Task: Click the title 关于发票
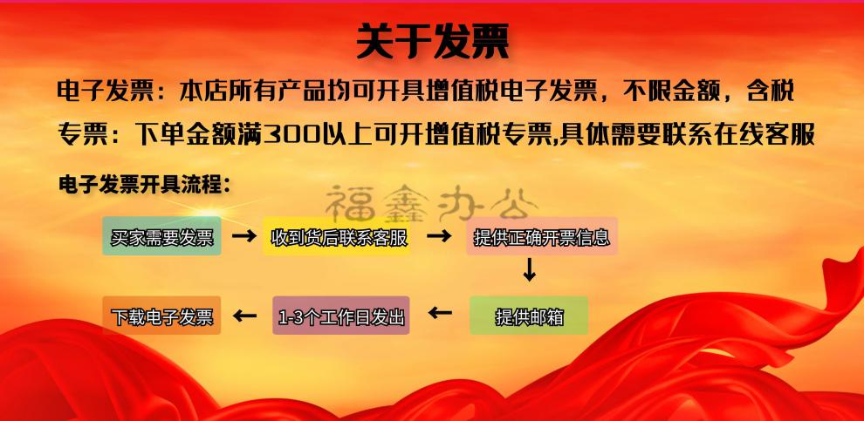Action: [x=433, y=41]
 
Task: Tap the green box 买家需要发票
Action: [x=162, y=236]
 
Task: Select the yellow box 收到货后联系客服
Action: [x=336, y=236]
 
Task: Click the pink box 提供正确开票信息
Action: [x=542, y=236]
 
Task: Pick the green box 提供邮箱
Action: [x=529, y=316]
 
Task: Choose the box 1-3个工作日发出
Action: [x=341, y=316]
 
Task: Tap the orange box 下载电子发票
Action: [x=162, y=316]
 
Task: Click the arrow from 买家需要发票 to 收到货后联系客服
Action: [x=243, y=236]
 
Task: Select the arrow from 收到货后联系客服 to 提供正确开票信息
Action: [x=439, y=236]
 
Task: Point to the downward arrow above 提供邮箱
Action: [x=529, y=269]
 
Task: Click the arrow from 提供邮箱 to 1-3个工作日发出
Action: [x=440, y=314]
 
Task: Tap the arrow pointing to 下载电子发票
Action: [x=244, y=316]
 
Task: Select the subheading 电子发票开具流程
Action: [x=144, y=186]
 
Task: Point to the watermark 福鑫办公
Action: [x=432, y=204]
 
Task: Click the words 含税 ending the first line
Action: [x=771, y=92]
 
